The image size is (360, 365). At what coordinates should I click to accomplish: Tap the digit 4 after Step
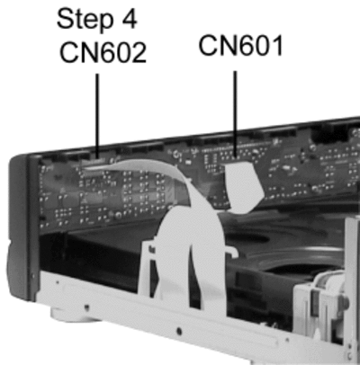coord(129,19)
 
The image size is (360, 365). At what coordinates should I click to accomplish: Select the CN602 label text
coord(103,52)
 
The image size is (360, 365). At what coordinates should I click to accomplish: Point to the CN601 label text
coord(241,46)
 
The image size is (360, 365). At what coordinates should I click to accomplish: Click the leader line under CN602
coord(97,115)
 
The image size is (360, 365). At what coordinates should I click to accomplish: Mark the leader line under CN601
coord(235,114)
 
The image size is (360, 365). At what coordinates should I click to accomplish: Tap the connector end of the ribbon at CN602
coord(96,165)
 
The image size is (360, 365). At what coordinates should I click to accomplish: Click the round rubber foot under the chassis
coord(72,315)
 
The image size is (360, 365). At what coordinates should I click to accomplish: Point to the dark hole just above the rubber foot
coord(86,307)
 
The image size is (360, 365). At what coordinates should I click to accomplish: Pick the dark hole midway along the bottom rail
coord(179,331)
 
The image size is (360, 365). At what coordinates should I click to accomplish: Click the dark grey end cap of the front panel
coord(22,227)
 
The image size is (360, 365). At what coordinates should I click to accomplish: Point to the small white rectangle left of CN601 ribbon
coord(188,162)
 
